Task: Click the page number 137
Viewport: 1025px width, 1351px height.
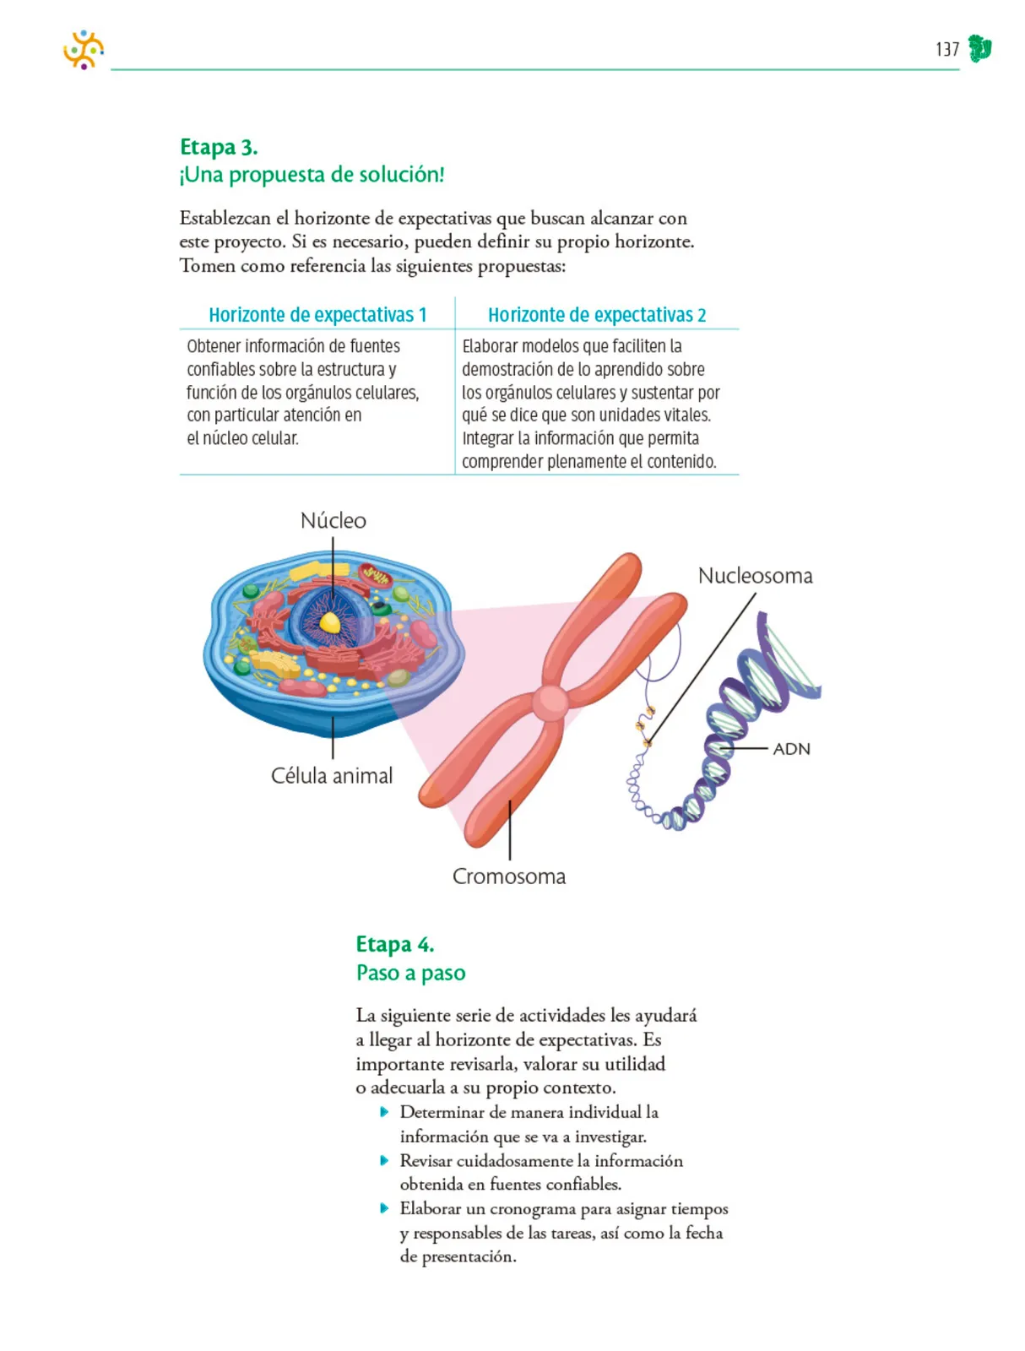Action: pos(946,49)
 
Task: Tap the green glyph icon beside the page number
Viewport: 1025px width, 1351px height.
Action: pos(979,49)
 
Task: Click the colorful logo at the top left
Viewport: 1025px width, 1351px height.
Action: pos(83,49)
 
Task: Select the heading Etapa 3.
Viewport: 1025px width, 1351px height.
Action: pos(219,147)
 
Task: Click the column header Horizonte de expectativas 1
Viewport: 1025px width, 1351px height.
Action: pos(317,315)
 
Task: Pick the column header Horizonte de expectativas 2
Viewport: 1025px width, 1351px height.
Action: pos(597,315)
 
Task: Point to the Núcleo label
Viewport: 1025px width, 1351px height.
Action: pos(333,521)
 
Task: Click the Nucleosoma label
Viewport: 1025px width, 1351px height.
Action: pos(755,576)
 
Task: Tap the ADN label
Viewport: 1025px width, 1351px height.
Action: pos(791,749)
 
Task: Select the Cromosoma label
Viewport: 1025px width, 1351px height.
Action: pos(509,876)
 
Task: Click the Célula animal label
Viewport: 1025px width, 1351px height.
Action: pos(332,775)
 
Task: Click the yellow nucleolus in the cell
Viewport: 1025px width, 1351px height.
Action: pos(330,623)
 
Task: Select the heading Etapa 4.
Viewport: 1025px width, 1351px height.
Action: pos(395,944)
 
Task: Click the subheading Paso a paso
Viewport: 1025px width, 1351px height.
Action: pos(411,973)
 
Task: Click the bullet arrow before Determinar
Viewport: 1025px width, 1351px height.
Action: pos(384,1111)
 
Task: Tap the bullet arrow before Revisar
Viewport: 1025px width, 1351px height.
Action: pos(384,1160)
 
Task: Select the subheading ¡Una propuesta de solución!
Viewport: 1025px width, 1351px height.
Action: pos(312,175)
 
